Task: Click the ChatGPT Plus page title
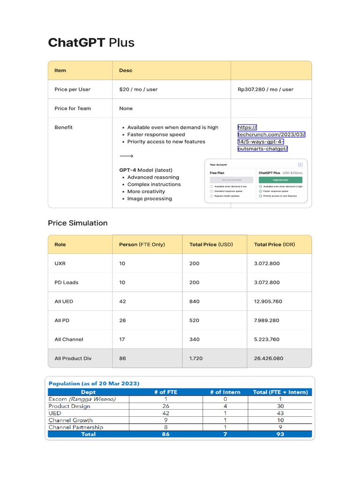pyautogui.click(x=91, y=43)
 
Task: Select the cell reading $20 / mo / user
pyautogui.click(x=138, y=89)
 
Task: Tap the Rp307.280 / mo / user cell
pyautogui.click(x=265, y=89)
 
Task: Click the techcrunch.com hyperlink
pyautogui.click(x=271, y=138)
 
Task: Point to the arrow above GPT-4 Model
pyautogui.click(x=126, y=156)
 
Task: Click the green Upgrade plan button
pyautogui.click(x=280, y=180)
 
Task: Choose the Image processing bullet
pyautogui.click(x=150, y=199)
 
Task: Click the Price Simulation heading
pyautogui.click(x=77, y=223)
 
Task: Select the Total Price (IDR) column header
pyautogui.click(x=274, y=244)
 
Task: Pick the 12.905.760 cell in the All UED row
pyautogui.click(x=268, y=301)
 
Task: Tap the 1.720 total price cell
pyautogui.click(x=195, y=359)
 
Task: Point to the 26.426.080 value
pyautogui.click(x=268, y=359)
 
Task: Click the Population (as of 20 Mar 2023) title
pyautogui.click(x=94, y=383)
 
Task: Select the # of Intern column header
pyautogui.click(x=225, y=392)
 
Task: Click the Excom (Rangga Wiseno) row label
pyautogui.click(x=82, y=399)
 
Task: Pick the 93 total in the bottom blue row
pyautogui.click(x=280, y=434)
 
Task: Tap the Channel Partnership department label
pyautogui.click(x=76, y=427)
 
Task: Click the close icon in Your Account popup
pyautogui.click(x=300, y=165)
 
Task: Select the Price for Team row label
pyautogui.click(x=73, y=108)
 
